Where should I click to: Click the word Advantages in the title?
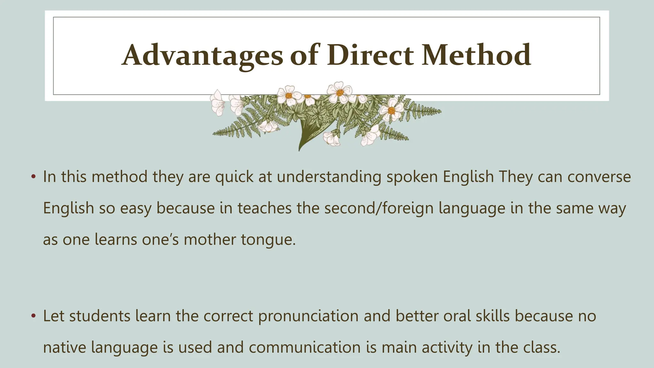(x=202, y=56)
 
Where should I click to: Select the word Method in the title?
(x=476, y=56)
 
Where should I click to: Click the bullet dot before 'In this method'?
(x=33, y=177)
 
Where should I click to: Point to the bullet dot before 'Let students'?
(x=33, y=316)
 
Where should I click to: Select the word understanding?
(x=329, y=177)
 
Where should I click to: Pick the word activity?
(x=447, y=348)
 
